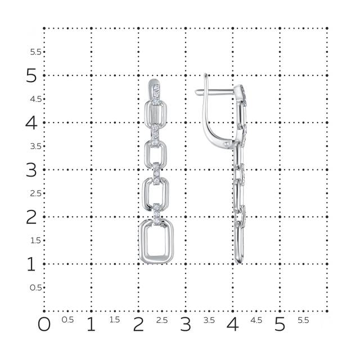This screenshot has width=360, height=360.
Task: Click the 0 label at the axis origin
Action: click(44, 325)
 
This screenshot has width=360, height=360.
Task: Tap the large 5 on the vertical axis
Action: click(31, 75)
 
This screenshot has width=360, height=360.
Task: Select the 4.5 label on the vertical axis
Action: click(36, 99)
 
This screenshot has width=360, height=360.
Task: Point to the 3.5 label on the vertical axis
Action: click(36, 146)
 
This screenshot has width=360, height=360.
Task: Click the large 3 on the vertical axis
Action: click(31, 170)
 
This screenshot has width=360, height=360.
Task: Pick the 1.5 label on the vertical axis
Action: click(36, 240)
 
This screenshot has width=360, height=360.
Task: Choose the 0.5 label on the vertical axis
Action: click(36, 287)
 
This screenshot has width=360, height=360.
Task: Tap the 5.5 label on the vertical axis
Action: click(36, 52)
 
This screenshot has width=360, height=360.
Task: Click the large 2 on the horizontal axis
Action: click(138, 325)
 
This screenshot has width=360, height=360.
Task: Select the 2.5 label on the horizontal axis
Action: click(162, 320)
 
